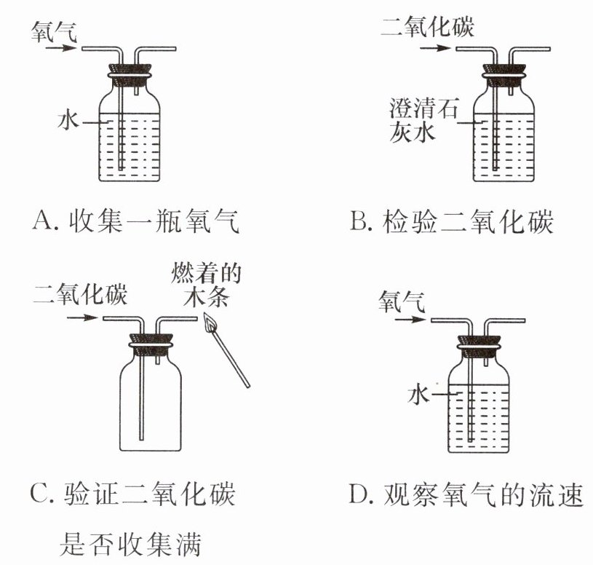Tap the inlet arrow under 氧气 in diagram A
click(x=60, y=49)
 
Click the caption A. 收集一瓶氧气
click(x=136, y=219)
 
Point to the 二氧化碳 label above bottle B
click(x=428, y=27)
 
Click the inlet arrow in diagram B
click(x=434, y=49)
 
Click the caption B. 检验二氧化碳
click(x=451, y=221)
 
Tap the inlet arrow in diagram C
click(x=85, y=318)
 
